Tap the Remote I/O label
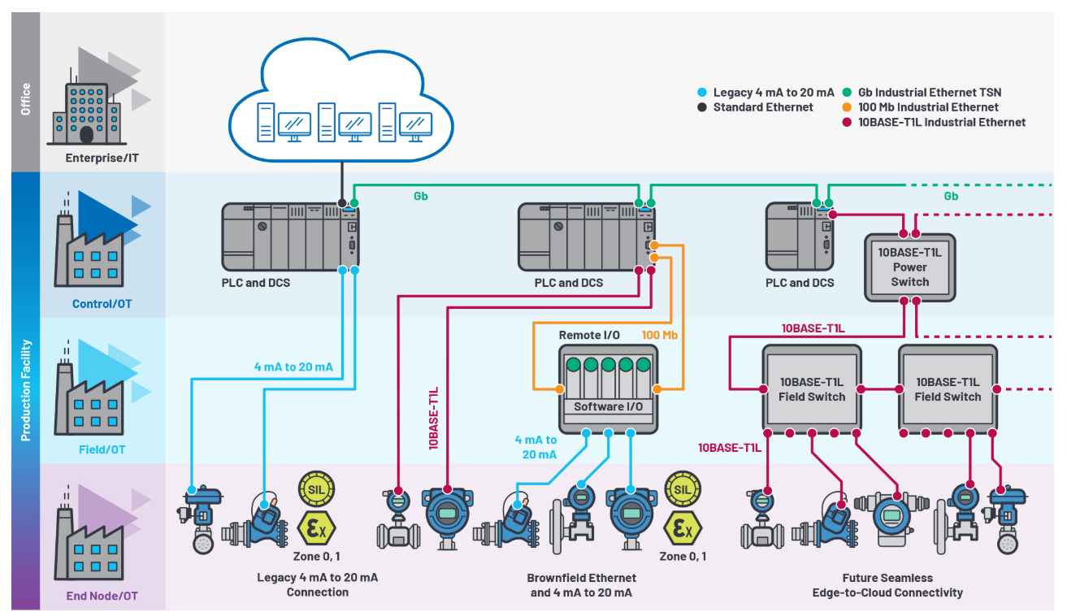tap(589, 335)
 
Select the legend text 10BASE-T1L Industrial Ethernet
tap(942, 123)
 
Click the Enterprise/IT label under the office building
tap(102, 158)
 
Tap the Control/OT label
tap(101, 304)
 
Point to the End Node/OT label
tap(102, 596)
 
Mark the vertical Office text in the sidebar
tap(26, 98)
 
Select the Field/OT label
tap(102, 449)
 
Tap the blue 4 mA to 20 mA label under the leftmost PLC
tap(293, 367)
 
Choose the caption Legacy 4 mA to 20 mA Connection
tap(318, 584)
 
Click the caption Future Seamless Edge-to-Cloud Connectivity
tap(887, 584)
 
